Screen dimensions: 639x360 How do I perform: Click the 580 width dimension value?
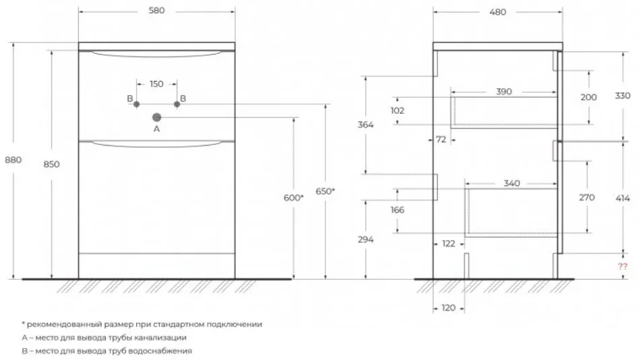coord(156,11)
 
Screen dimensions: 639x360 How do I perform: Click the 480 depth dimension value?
coord(497,12)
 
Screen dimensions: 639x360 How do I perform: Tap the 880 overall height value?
coord(13,160)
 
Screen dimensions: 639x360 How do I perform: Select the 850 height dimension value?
coord(51,164)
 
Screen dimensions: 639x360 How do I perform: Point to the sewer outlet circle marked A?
coord(156,117)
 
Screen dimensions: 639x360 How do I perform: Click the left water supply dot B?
coord(137,104)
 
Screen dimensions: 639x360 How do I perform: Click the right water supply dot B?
coord(177,104)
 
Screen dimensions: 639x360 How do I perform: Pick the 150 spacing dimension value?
coord(156,84)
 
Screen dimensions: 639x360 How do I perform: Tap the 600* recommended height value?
coord(293,198)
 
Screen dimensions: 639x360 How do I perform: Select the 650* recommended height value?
coord(325,191)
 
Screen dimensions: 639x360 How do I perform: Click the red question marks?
coord(622,267)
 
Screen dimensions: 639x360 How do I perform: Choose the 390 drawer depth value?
coord(504,92)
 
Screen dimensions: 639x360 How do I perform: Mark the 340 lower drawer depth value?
coord(512,183)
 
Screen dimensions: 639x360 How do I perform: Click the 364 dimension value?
coord(365,125)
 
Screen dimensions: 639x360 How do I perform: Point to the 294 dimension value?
coord(365,240)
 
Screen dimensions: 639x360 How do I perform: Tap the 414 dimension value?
coord(623,199)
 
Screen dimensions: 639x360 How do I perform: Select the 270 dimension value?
coord(587,198)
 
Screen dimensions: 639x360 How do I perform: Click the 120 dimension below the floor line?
coord(448,308)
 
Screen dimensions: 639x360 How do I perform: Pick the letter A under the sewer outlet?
coord(156,129)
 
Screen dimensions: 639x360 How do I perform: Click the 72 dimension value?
coord(441,140)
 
